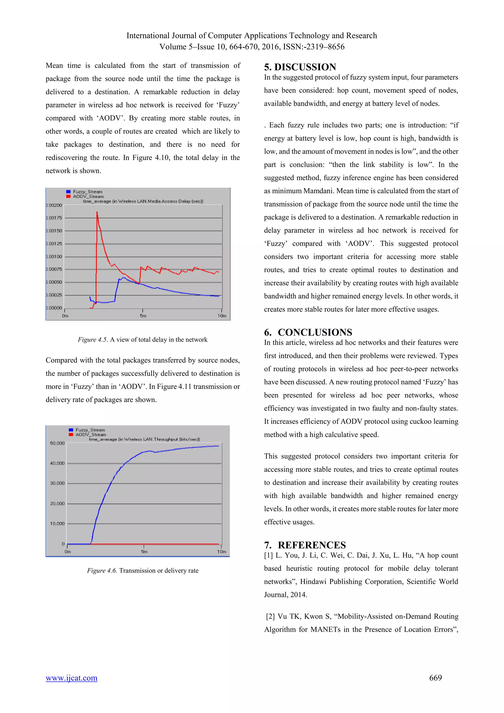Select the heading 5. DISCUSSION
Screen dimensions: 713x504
tap(300, 67)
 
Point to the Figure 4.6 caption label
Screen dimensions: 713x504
tap(102, 570)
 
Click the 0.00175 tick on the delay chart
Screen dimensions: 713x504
tap(55, 218)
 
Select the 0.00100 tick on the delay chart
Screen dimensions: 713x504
tap(55, 257)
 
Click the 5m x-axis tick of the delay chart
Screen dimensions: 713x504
tap(143, 316)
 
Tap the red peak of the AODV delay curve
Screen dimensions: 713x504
tap(97, 212)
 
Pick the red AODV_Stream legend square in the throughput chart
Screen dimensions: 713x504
tap(71, 435)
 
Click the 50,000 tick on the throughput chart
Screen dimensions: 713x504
tap(57, 443)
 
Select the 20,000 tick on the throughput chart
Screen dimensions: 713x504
tap(57, 503)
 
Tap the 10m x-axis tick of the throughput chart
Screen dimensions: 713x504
tap(221, 551)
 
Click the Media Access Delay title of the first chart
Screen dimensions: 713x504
tap(143, 201)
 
